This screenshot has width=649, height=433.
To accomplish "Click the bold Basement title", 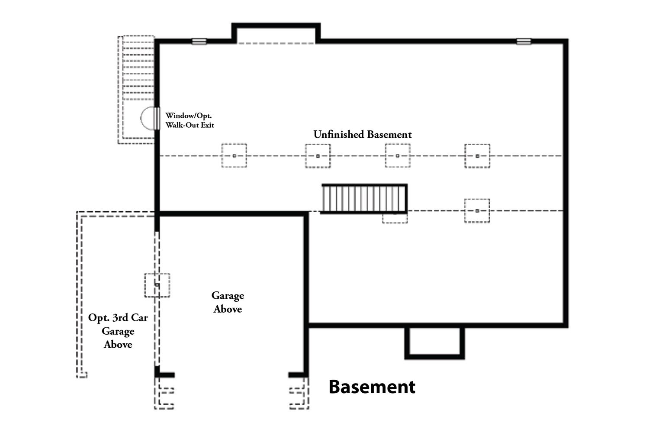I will pyautogui.click(x=372, y=387).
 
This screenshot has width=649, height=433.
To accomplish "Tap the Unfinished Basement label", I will pyautogui.click(x=363, y=135).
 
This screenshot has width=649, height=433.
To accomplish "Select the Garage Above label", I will pyautogui.click(x=228, y=302).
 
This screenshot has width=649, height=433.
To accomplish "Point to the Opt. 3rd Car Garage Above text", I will pyautogui.click(x=118, y=331).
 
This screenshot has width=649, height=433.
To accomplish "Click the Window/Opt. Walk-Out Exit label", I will pyautogui.click(x=190, y=120).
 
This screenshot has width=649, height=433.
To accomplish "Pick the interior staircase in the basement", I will pyautogui.click(x=364, y=198).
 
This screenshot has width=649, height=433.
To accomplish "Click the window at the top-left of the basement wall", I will pyautogui.click(x=199, y=42).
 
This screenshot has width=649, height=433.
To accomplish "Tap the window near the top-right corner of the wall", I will pyautogui.click(x=524, y=42).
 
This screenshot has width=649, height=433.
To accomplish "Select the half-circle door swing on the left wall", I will pyautogui.click(x=148, y=118).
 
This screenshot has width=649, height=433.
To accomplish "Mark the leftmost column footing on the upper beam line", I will pyautogui.click(x=234, y=155).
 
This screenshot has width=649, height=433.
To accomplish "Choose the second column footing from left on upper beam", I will pyautogui.click(x=318, y=155).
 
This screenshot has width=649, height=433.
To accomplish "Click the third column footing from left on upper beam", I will pyautogui.click(x=398, y=155).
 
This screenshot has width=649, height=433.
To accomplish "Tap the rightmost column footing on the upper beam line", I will pyautogui.click(x=477, y=155).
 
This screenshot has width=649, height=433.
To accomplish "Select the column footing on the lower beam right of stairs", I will pyautogui.click(x=477, y=211).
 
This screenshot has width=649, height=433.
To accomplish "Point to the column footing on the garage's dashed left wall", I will pyautogui.click(x=157, y=285).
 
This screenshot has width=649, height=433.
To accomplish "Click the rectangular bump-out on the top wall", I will pyautogui.click(x=276, y=33).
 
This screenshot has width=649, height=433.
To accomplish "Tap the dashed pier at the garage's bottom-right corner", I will pyautogui.click(x=299, y=393).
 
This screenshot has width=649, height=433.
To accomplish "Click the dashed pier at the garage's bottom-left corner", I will pyautogui.click(x=164, y=393).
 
